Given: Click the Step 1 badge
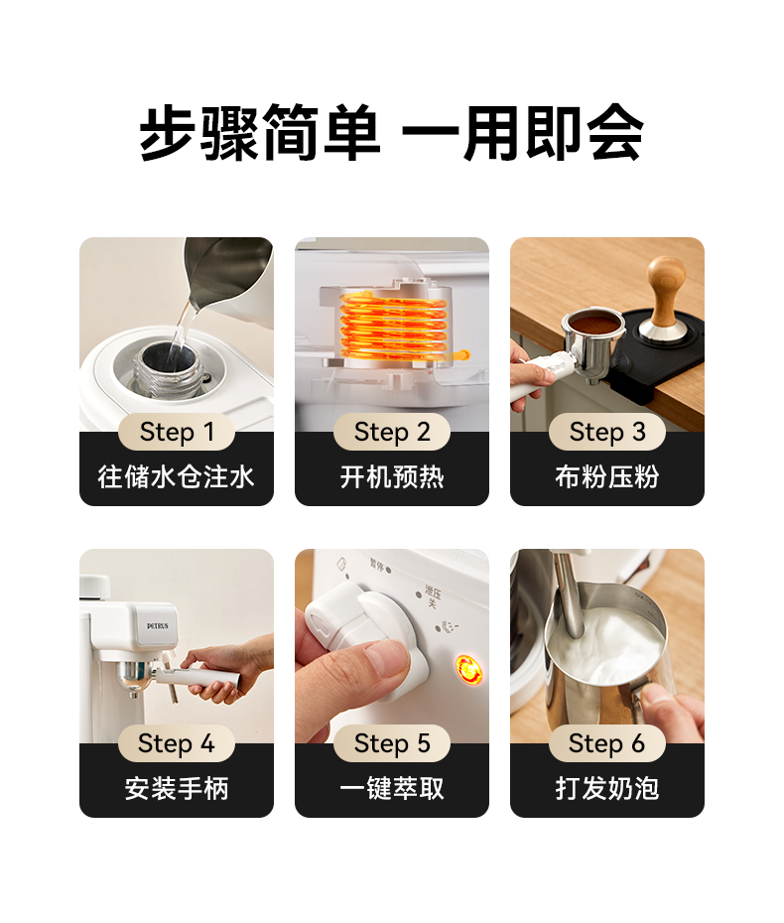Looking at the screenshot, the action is click(x=177, y=432).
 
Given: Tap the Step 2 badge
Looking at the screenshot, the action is click(x=392, y=432).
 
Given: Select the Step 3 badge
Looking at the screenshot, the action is click(x=607, y=432).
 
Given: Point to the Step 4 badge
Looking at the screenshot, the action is click(x=177, y=743).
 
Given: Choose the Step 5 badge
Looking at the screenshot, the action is click(x=392, y=743).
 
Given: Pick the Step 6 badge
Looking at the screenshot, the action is click(x=607, y=743).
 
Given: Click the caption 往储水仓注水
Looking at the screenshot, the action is click(x=177, y=476).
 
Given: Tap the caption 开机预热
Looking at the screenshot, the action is click(x=392, y=476).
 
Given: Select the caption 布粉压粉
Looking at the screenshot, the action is click(x=607, y=476).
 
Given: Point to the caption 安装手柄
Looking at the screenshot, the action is click(x=177, y=788).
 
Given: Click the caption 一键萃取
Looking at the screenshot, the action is click(x=392, y=788).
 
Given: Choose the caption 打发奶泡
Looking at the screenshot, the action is click(x=607, y=788).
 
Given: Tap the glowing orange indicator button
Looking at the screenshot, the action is click(x=469, y=669).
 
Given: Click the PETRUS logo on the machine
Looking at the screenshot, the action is click(x=158, y=625).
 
